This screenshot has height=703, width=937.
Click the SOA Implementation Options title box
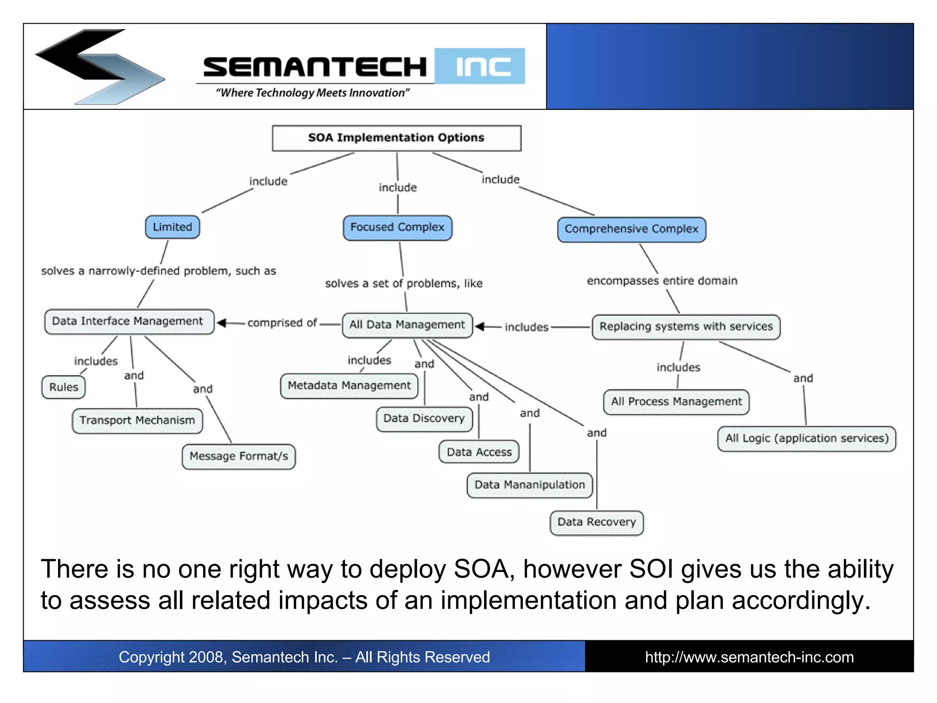pyautogui.click(x=396, y=138)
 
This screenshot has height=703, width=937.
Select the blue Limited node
pyautogui.click(x=172, y=227)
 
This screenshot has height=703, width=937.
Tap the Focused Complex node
pyautogui.click(x=397, y=227)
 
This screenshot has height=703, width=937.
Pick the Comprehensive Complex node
pyautogui.click(x=631, y=229)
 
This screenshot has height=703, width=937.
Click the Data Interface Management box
pyautogui.click(x=128, y=321)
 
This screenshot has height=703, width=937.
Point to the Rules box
pyautogui.click(x=64, y=387)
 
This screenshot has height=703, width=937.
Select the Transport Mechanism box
pyautogui.click(x=137, y=420)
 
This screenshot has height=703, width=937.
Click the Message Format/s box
pyautogui.click(x=238, y=456)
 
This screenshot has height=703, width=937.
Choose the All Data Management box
pyautogui.click(x=407, y=325)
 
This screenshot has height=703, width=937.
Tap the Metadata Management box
pyautogui.click(x=349, y=386)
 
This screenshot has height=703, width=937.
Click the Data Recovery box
pyautogui.click(x=596, y=522)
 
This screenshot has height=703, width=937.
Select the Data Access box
pyautogui.click(x=479, y=452)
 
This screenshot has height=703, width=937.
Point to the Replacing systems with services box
pyautogui.click(x=686, y=327)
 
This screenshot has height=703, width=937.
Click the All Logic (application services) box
pyautogui.click(x=807, y=438)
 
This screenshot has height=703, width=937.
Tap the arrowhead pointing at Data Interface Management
pyautogui.click(x=222, y=323)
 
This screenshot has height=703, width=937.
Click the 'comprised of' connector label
pyautogui.click(x=282, y=323)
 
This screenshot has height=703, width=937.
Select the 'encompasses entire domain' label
pyautogui.click(x=662, y=281)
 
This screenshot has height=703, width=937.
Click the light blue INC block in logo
pyautogui.click(x=479, y=66)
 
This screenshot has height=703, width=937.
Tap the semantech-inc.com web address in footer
pyautogui.click(x=749, y=657)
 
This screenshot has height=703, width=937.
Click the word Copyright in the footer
pyautogui.click(x=151, y=657)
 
